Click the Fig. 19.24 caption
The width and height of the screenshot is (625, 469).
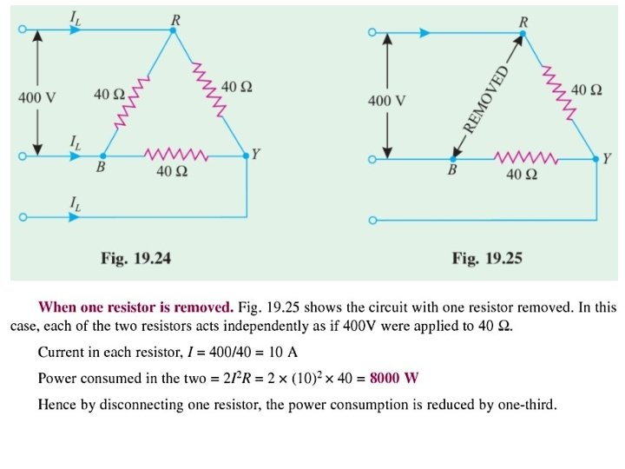point(138,257)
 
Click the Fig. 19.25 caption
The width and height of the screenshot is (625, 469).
point(487,258)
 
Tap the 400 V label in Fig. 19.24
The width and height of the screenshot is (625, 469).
point(36,97)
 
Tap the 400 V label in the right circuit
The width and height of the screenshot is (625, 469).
point(386,101)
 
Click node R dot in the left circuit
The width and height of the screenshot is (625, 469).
point(173,30)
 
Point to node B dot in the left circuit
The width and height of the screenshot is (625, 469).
point(103,156)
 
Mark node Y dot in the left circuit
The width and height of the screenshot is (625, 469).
point(247,156)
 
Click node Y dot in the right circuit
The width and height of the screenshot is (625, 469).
point(597,159)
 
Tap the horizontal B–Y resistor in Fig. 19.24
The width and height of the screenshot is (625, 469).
point(175,156)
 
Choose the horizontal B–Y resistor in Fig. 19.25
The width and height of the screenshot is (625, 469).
point(526,158)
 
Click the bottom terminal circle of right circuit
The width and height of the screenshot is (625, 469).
point(372,221)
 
